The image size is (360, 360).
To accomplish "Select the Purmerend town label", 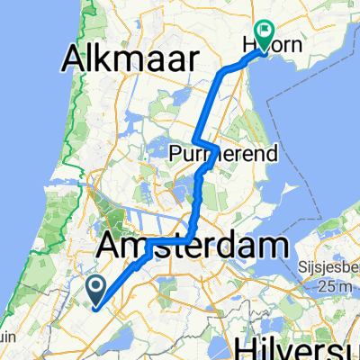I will click(212, 154).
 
